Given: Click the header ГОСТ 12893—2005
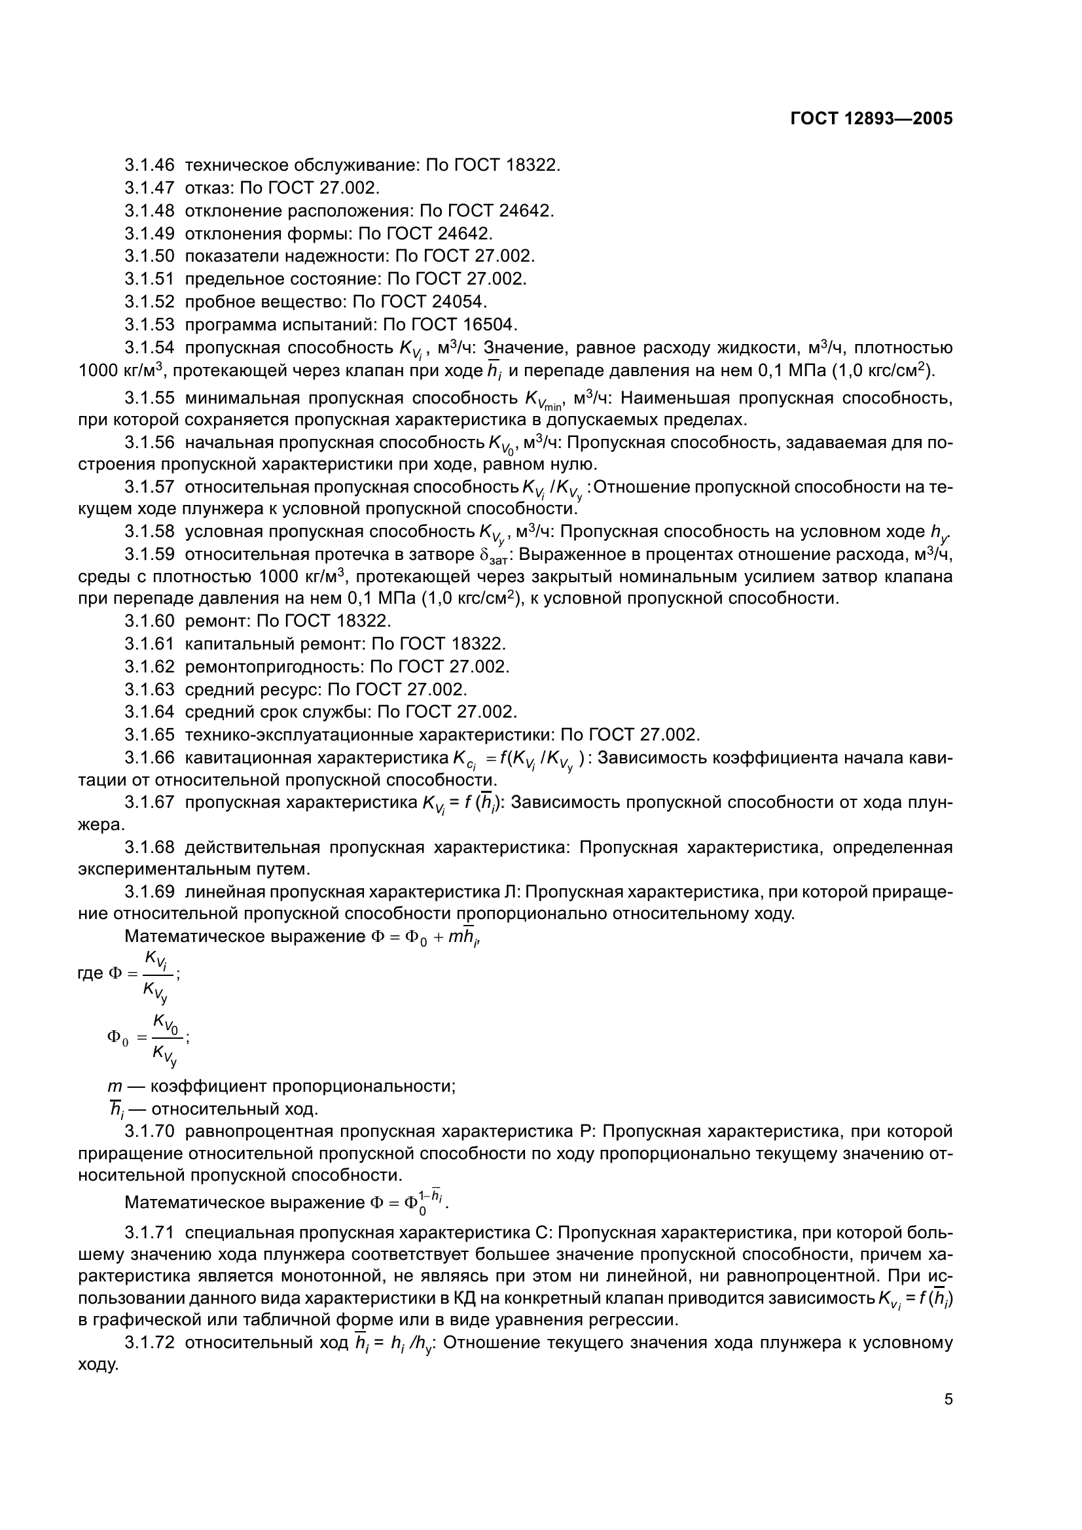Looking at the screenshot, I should tap(871, 118).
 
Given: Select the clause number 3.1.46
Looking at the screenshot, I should tap(149, 165).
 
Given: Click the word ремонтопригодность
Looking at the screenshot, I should tap(274, 667).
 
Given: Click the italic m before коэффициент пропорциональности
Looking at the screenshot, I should tap(115, 1087).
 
